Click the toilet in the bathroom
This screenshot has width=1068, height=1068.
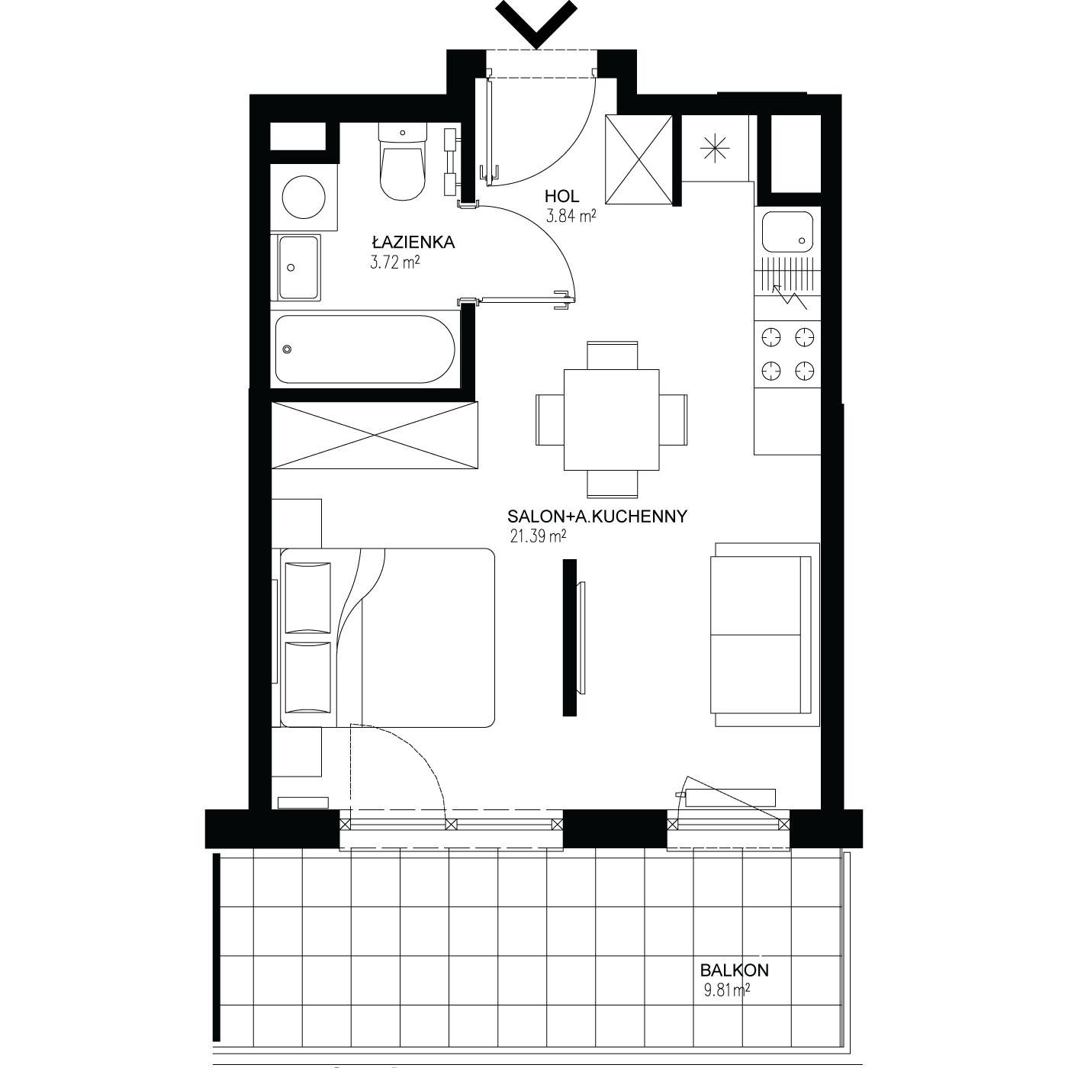pyautogui.click(x=403, y=161)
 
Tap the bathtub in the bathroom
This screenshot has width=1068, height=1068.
pyautogui.click(x=365, y=349)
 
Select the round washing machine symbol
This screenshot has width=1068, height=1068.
pyautogui.click(x=303, y=197)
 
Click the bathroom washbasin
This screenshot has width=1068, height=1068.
pyautogui.click(x=299, y=267)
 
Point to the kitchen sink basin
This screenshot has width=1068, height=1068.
pyautogui.click(x=787, y=232)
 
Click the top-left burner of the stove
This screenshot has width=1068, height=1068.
pyautogui.click(x=771, y=337)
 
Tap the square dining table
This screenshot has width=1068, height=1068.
pyautogui.click(x=611, y=420)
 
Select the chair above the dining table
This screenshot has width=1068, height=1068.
pyautogui.click(x=612, y=355)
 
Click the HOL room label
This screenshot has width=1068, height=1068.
pyautogui.click(x=562, y=195)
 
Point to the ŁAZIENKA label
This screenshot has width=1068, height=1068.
pyautogui.click(x=413, y=242)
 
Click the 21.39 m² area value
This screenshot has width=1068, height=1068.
pyautogui.click(x=538, y=536)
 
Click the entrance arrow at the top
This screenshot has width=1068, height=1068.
pyautogui.click(x=536, y=24)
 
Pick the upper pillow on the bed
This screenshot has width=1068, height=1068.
pyautogui.click(x=307, y=597)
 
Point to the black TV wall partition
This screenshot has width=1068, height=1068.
pyautogui.click(x=570, y=637)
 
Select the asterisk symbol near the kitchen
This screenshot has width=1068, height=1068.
pyautogui.click(x=715, y=149)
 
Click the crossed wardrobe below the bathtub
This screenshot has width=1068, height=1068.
pyautogui.click(x=374, y=435)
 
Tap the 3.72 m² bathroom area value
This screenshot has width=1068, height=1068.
pyautogui.click(x=394, y=262)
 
